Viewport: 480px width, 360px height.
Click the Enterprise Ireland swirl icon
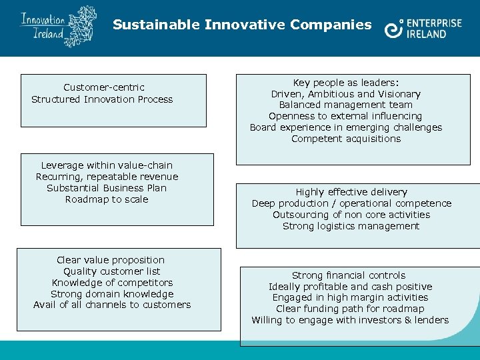pyautogui.click(x=393, y=29)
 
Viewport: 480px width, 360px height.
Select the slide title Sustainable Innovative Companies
pyautogui.click(x=242, y=25)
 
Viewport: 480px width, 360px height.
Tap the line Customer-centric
pyautogui.click(x=104, y=87)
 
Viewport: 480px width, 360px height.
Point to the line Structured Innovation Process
pyautogui.click(x=102, y=99)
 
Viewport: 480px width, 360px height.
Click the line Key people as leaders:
pyautogui.click(x=346, y=83)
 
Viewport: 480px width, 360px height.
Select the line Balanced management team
pyautogui.click(x=346, y=105)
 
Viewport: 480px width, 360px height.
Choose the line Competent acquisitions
pyautogui.click(x=346, y=139)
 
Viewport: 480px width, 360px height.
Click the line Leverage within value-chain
pyautogui.click(x=107, y=165)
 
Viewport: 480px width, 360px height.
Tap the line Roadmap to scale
pyautogui.click(x=107, y=199)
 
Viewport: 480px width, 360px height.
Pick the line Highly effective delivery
pyautogui.click(x=351, y=192)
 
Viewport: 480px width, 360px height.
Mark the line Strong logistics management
pyautogui.click(x=351, y=226)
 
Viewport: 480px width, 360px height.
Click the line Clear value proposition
pyautogui.click(x=111, y=260)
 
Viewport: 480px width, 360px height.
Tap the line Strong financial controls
pyautogui.click(x=349, y=275)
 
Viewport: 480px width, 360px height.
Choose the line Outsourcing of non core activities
pyautogui.click(x=351, y=215)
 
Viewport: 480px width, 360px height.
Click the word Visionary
pyautogui.click(x=398, y=94)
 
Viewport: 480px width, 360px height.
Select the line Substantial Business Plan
pyautogui.click(x=107, y=188)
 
